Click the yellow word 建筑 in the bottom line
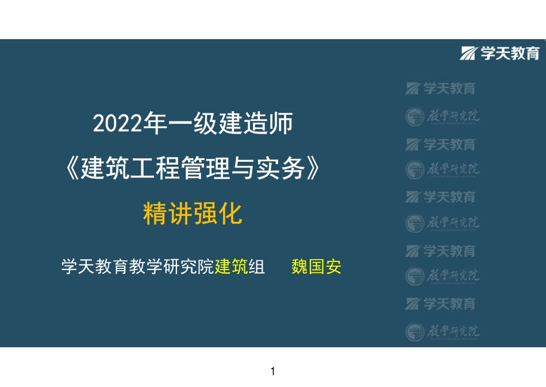(231, 267)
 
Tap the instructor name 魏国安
(316, 267)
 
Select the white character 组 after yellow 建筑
(256, 267)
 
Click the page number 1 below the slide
(273, 371)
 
